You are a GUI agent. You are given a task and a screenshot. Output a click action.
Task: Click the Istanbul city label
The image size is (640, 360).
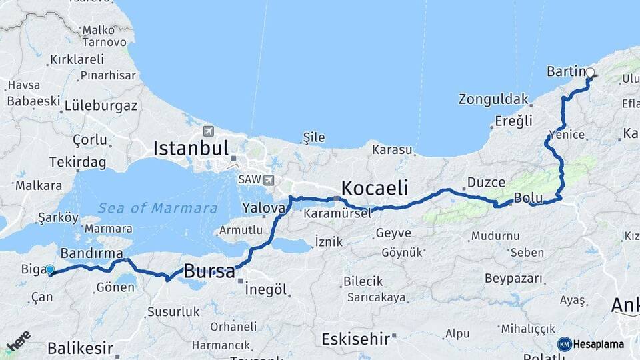point(191,148)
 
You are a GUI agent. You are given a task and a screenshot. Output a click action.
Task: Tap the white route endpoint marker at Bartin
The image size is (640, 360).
point(589,73)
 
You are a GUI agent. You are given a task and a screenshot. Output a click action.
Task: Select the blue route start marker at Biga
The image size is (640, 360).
point(50,269)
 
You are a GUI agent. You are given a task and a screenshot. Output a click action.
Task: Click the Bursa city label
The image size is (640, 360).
point(209,271)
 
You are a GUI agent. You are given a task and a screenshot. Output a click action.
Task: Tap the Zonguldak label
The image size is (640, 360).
point(493,99)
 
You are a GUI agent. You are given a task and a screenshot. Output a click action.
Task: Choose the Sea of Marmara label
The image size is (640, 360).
point(157,208)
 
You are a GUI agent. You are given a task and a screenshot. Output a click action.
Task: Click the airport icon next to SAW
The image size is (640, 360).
point(269,179)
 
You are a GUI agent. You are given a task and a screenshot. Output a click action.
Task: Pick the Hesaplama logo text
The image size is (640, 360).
point(599,344)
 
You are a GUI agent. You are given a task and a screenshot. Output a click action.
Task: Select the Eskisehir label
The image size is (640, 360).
point(355,339)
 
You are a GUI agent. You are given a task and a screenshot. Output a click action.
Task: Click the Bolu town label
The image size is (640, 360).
point(527,197)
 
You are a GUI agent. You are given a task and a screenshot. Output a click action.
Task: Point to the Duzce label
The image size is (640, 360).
point(486,181)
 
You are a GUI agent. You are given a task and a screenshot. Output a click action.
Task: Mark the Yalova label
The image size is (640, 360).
point(264,207)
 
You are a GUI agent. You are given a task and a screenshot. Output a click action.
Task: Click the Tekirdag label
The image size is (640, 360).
point(77,162)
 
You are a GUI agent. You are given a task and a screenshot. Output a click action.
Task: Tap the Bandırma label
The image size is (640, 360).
point(91,253)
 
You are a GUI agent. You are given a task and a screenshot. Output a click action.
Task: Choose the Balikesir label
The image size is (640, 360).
point(80,348)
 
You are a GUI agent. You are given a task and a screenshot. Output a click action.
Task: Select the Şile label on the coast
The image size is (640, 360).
point(314,137)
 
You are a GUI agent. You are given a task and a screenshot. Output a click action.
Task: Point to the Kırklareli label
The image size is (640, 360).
point(77,59)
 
